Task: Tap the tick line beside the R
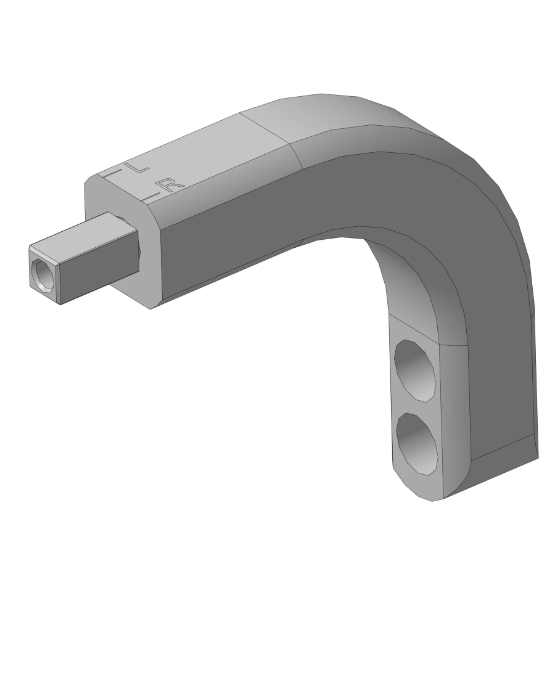[x=151, y=196]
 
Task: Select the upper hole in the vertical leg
[x=415, y=371]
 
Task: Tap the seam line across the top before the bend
[x=265, y=129]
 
